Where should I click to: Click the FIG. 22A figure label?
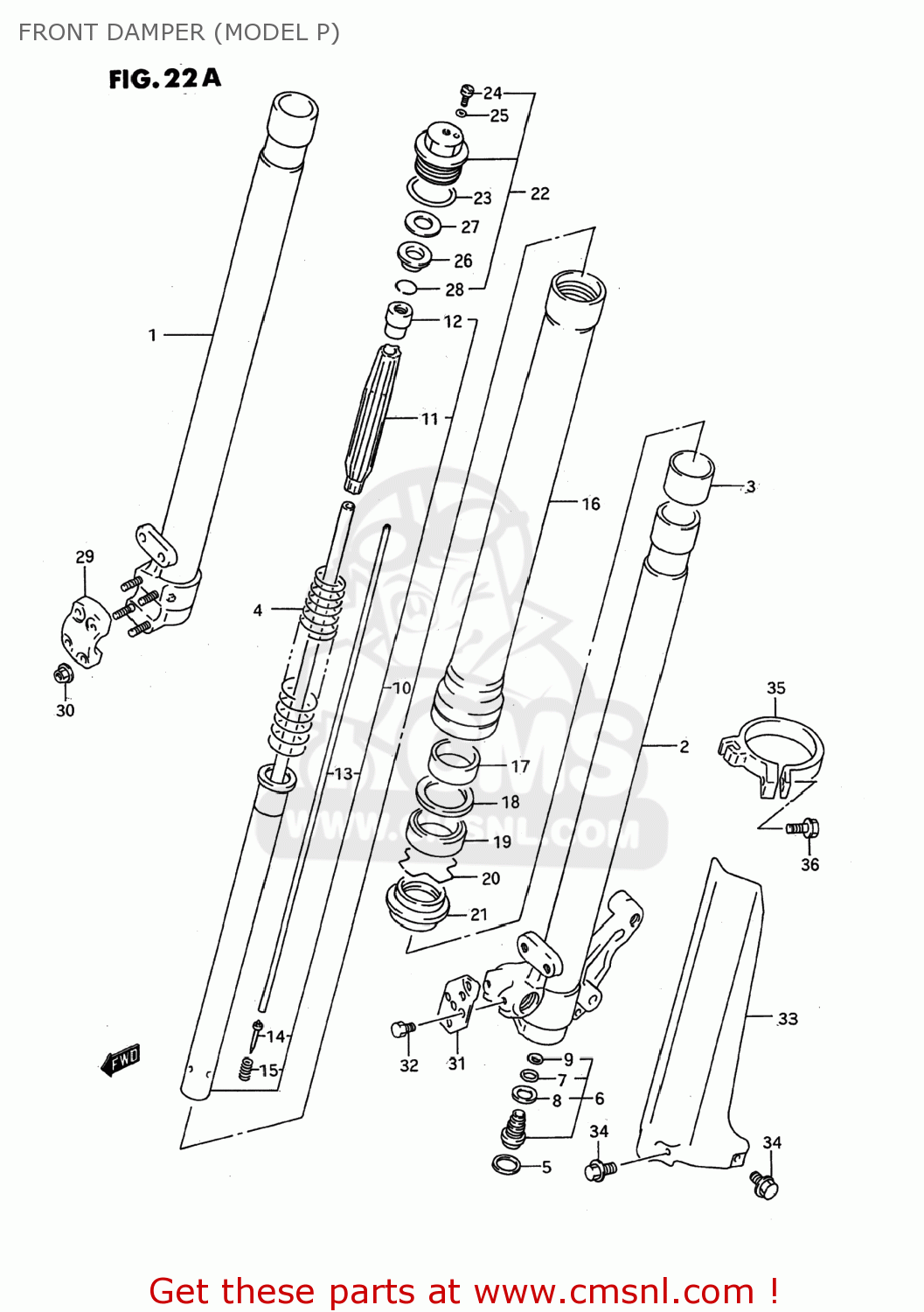click(x=164, y=79)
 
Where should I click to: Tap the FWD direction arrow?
click(x=121, y=1060)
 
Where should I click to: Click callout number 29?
click(x=85, y=557)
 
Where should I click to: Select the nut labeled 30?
click(x=63, y=673)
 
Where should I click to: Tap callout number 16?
click(x=591, y=504)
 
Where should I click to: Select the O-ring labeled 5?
click(x=506, y=1164)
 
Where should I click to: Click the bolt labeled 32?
click(x=403, y=1029)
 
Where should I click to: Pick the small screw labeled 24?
click(x=467, y=92)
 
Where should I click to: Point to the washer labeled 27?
click(x=426, y=224)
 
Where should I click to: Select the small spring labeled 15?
click(x=247, y=1068)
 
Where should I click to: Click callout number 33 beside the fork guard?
click(x=788, y=1019)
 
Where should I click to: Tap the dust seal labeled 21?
click(x=418, y=904)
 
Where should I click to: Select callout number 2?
click(x=684, y=746)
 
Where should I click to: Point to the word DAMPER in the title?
click(x=155, y=32)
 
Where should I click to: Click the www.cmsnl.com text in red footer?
click(x=614, y=1292)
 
